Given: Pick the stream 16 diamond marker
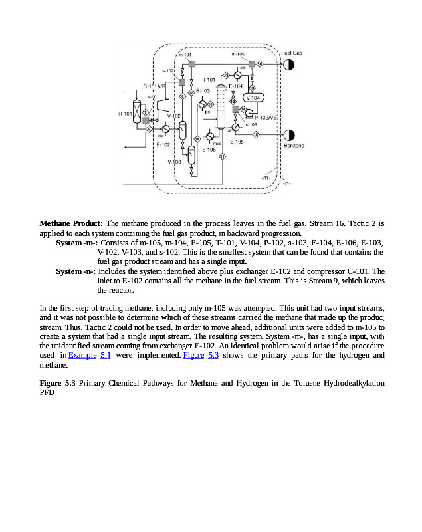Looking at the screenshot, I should click(259, 64).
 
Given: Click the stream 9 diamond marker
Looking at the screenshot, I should click(149, 128).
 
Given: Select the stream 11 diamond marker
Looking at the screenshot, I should click(222, 156).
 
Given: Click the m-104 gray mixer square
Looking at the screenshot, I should click(191, 64).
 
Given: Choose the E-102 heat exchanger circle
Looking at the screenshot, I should click(165, 128).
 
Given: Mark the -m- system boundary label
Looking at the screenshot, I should click(266, 178).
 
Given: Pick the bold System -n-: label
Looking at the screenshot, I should click(76, 271).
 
